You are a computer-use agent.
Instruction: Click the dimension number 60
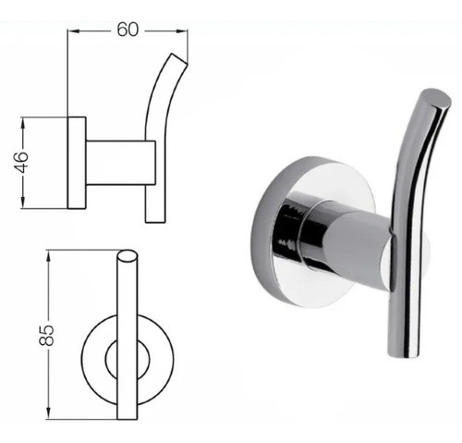pyautogui.click(x=128, y=29)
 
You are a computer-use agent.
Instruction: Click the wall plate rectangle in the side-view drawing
pyautogui.click(x=77, y=163)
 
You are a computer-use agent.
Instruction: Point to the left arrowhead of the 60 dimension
pyautogui.click(x=73, y=31)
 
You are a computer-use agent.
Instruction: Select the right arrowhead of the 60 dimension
pyautogui.click(x=183, y=31)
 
